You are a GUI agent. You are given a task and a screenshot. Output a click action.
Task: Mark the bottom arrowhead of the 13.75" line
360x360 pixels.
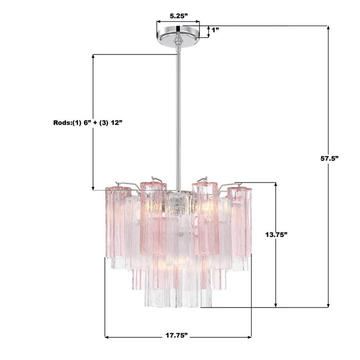[276, 305]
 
